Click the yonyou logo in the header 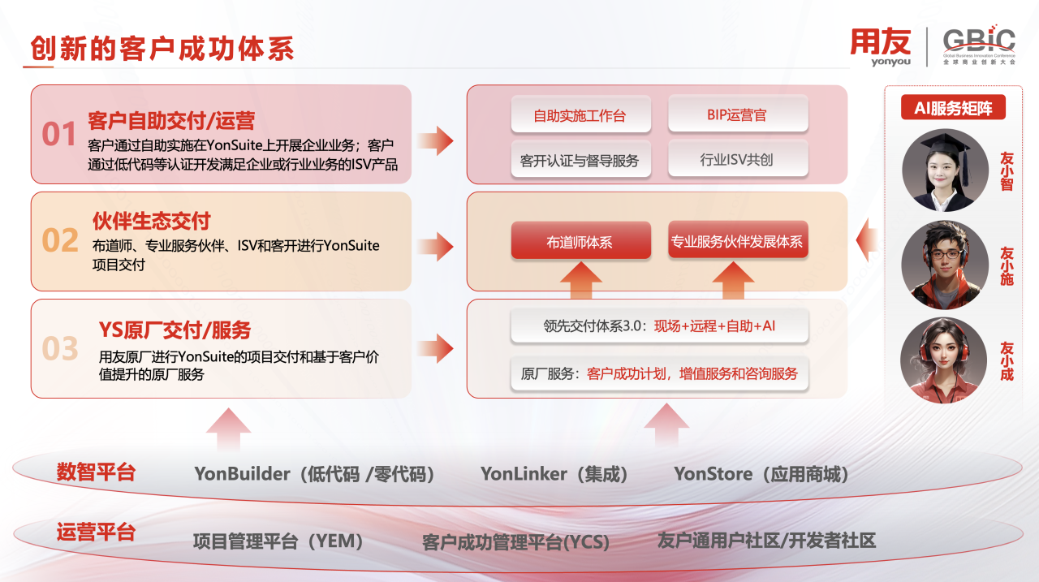(880, 46)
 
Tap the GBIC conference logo (978, 46)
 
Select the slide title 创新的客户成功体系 (162, 49)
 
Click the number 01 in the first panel (59, 134)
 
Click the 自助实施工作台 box (580, 116)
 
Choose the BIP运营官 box (737, 114)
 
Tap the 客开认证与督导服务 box (580, 160)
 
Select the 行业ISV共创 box (737, 159)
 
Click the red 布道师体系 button (580, 241)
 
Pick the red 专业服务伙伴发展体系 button (737, 241)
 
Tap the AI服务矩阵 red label (953, 108)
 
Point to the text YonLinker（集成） (554, 474)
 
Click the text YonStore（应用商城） (761, 474)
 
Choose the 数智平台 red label (96, 472)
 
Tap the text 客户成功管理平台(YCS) (515, 542)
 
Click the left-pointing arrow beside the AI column (867, 241)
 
